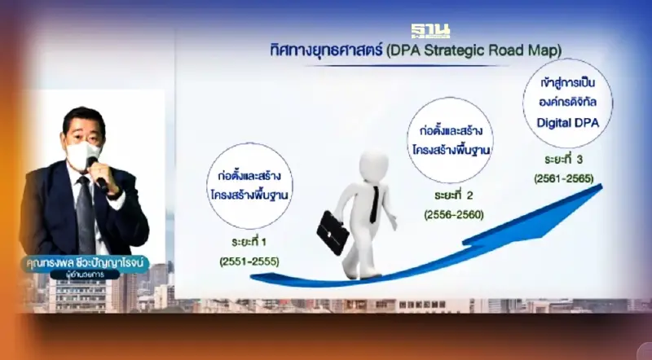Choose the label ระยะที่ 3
pos(556,159)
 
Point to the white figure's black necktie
pos(372,204)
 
